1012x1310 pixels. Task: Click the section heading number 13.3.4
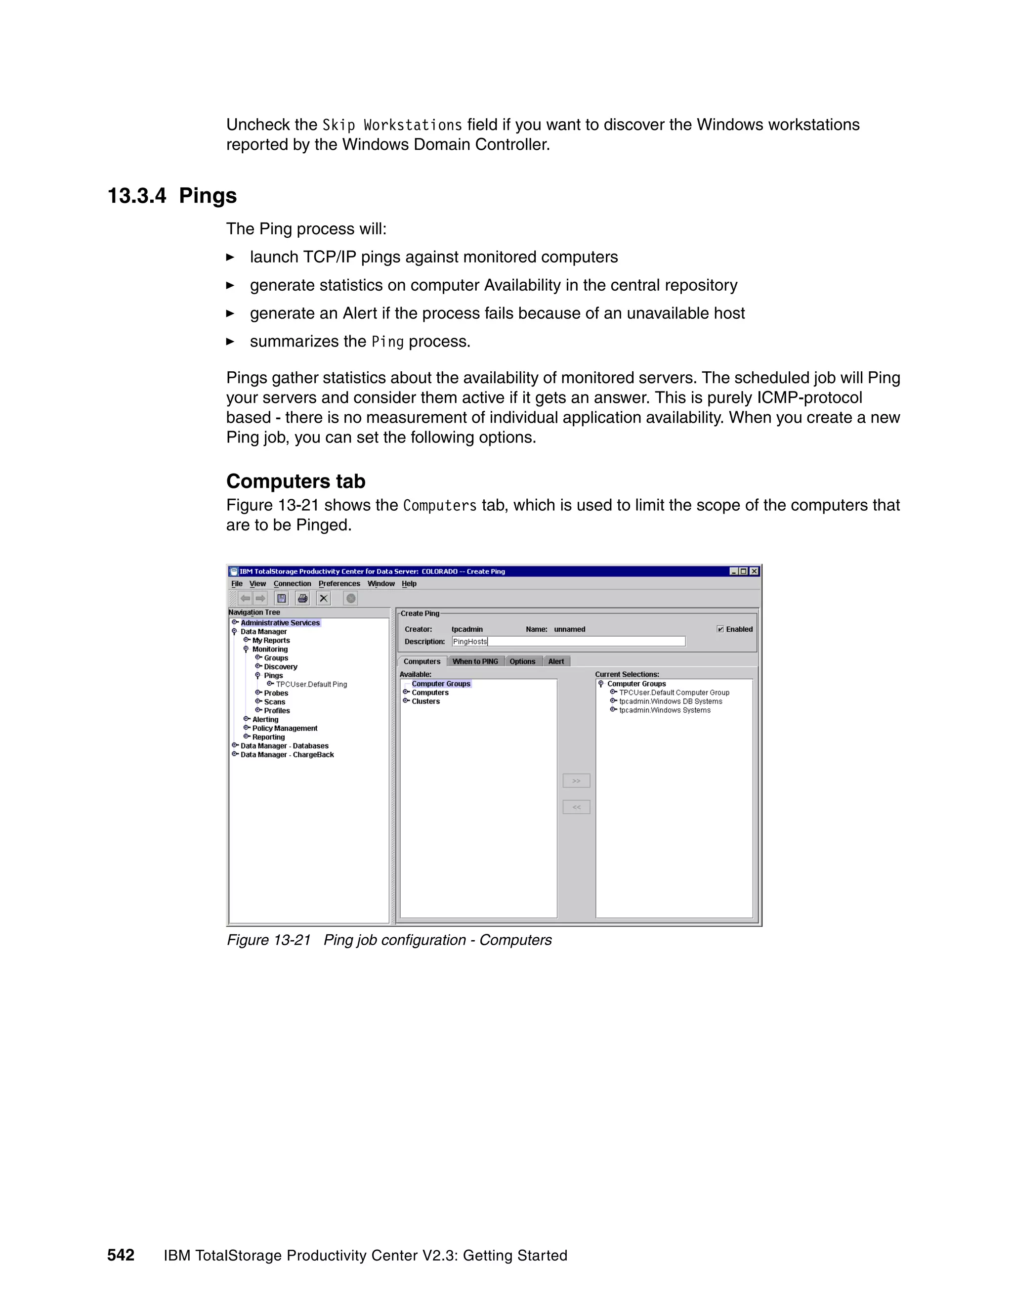coord(137,196)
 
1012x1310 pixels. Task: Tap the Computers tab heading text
coord(295,481)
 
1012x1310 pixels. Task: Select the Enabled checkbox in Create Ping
coord(720,629)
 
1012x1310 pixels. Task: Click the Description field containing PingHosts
coord(568,641)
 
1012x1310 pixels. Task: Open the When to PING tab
coord(475,661)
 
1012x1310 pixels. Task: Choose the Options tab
coord(522,661)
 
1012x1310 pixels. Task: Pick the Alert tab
coord(556,661)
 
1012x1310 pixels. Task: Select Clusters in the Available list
coord(425,701)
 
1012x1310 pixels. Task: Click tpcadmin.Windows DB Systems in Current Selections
coord(670,701)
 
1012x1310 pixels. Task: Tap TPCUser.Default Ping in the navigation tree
coord(311,684)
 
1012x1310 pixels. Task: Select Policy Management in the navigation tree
coord(285,728)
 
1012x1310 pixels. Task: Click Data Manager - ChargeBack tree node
coord(287,754)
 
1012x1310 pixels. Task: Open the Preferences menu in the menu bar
coord(339,584)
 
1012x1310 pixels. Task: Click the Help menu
coord(409,584)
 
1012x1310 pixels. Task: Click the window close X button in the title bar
coord(754,571)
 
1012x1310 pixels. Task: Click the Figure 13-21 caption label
coord(269,940)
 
